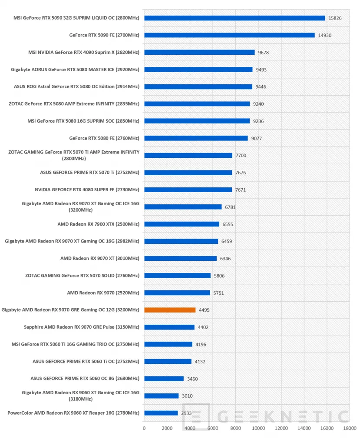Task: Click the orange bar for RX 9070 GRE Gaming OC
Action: tap(170, 310)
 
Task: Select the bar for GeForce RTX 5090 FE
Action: tap(229, 35)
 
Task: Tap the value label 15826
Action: tap(335, 18)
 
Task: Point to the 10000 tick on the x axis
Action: tap(258, 428)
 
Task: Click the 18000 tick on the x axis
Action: tap(350, 428)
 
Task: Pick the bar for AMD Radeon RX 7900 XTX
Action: tap(182, 224)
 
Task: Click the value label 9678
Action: tap(263, 52)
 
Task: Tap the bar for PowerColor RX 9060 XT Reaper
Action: tap(161, 413)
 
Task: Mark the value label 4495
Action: tap(204, 310)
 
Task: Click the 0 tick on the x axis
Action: tap(144, 428)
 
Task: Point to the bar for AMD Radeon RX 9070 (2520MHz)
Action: tap(177, 293)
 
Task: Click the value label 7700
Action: tap(241, 155)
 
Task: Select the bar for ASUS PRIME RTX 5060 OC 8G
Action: tap(164, 379)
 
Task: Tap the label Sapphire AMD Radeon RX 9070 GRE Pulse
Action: tap(81, 327)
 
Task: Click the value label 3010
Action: tap(187, 396)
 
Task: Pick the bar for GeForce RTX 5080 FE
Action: tap(196, 138)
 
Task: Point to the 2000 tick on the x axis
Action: tap(167, 428)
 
